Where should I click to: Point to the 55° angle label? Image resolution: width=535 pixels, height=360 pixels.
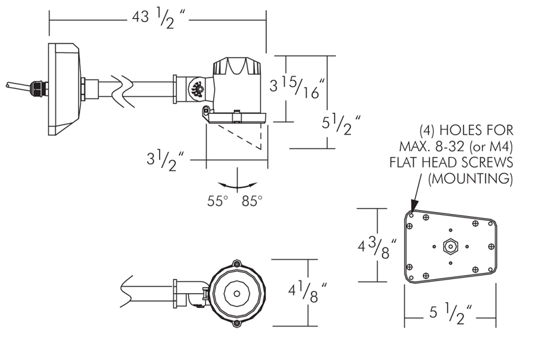point(217,201)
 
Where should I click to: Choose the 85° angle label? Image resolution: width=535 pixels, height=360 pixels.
point(252,201)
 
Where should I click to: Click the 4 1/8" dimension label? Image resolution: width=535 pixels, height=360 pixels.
point(308,292)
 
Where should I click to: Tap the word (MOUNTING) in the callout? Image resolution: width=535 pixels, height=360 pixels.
point(471,178)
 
